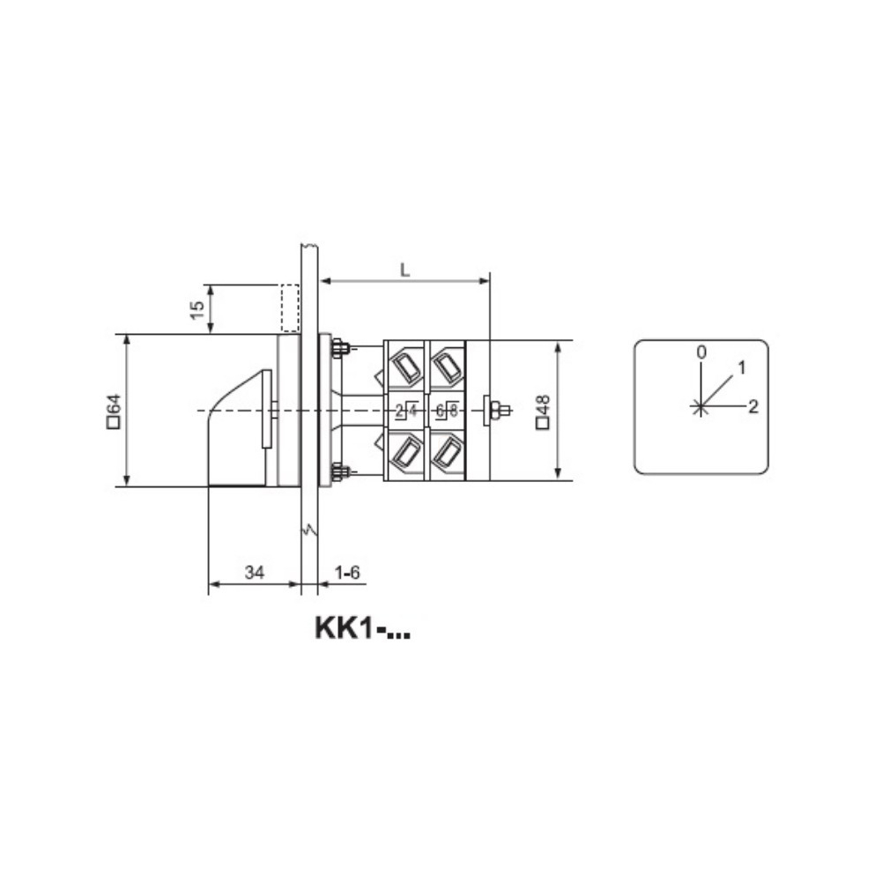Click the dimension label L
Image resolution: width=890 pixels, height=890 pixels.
[x=404, y=271]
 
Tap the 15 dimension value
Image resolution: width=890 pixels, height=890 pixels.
[x=197, y=310]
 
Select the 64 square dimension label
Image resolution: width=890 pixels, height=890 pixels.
[x=114, y=411]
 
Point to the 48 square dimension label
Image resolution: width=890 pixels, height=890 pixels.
[x=543, y=412]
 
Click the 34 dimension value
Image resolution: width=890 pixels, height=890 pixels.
[x=255, y=572]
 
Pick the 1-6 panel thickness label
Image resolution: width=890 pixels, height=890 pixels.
[x=347, y=572]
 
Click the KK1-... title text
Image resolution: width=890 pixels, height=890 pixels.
[x=362, y=628]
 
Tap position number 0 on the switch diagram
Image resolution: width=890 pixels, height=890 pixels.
[x=701, y=352]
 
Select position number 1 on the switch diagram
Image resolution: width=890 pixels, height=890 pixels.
[x=741, y=367]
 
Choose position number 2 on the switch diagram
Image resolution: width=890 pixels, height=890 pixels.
[x=753, y=406]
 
